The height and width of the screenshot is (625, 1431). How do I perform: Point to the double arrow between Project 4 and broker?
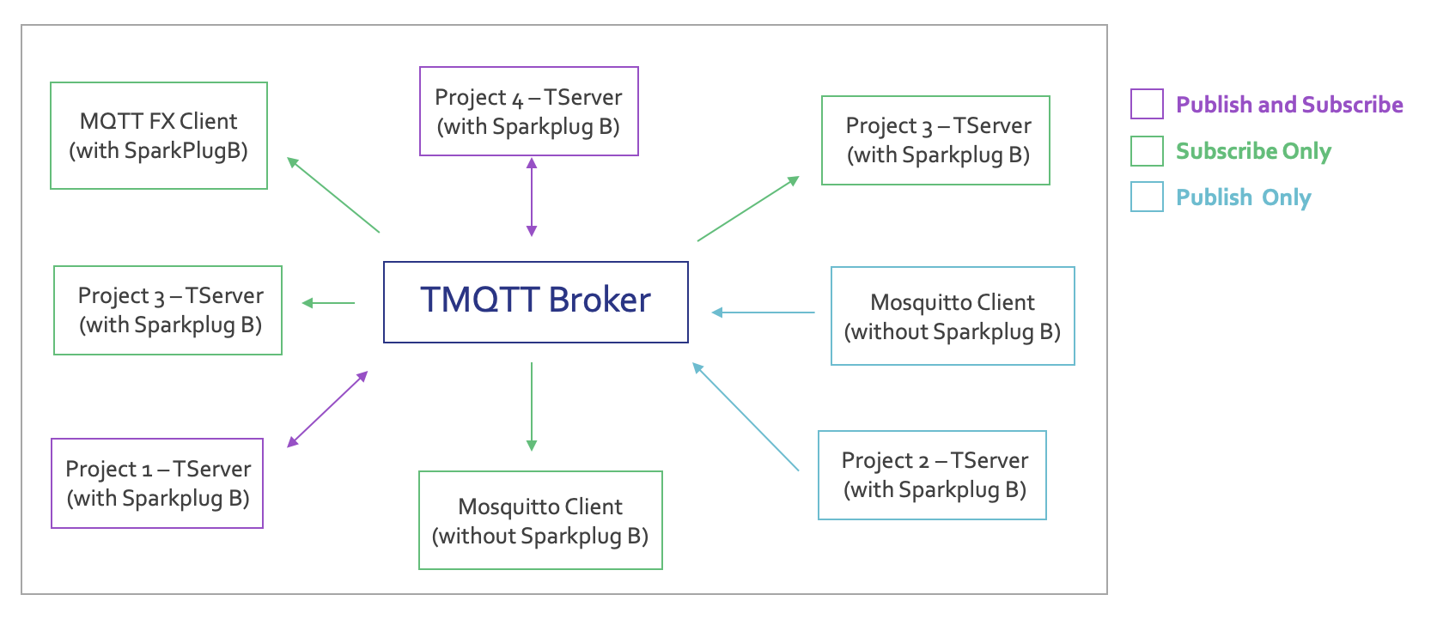coord(532,197)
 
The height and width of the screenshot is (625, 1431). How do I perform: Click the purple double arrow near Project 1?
coord(328,410)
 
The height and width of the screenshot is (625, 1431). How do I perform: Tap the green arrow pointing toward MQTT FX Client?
coord(333,195)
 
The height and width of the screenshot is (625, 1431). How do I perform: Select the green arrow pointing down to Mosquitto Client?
coord(532,407)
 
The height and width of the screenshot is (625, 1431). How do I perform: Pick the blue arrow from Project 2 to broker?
coord(746,417)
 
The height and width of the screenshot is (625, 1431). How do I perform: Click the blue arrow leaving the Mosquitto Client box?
coord(764,312)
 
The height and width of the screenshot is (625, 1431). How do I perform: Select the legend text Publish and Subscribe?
coord(1289,105)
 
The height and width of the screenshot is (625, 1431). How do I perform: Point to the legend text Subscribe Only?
coord(1253,151)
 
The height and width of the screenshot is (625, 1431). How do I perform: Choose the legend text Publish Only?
coord(1243,197)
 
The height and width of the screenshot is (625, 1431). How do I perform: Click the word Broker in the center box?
coord(600,300)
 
